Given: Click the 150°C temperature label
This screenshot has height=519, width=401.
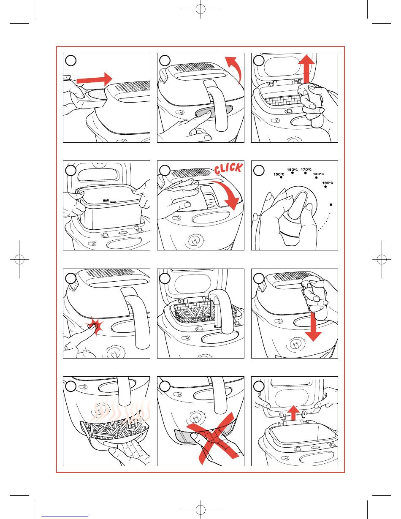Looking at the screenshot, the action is (x=279, y=174).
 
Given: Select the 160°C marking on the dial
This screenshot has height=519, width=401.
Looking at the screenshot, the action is (x=293, y=170).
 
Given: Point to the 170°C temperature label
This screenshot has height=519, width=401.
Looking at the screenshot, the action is (x=306, y=170).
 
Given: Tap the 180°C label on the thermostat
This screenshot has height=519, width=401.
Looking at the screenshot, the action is (x=318, y=174).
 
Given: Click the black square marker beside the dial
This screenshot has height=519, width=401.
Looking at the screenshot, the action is (x=331, y=204).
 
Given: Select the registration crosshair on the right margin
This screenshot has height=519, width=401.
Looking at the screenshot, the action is (x=381, y=259).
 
